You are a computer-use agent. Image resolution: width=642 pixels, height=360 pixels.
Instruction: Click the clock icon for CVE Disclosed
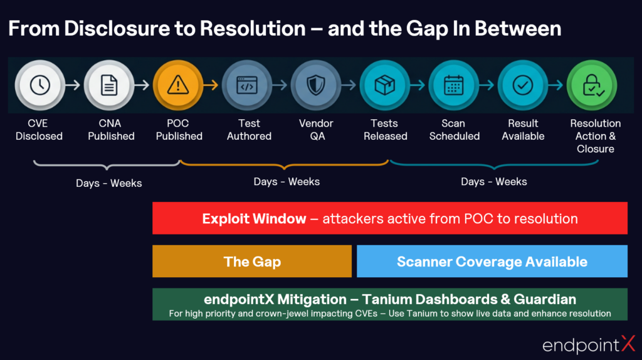click(x=40, y=85)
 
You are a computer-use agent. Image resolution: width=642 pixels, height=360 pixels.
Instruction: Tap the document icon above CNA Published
click(x=110, y=85)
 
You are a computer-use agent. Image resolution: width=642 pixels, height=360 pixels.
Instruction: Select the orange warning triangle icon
click(x=178, y=85)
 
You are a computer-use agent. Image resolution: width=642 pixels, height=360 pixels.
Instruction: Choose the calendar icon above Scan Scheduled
click(x=453, y=85)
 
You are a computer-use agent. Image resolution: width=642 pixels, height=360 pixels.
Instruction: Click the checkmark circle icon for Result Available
click(x=522, y=85)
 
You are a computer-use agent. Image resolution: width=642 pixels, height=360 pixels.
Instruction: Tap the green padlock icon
click(x=592, y=85)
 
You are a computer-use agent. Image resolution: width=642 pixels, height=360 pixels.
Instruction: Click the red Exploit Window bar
click(x=389, y=218)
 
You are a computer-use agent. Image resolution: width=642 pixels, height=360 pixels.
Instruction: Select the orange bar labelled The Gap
click(x=252, y=261)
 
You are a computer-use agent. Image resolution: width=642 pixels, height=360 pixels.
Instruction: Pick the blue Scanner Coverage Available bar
click(x=492, y=261)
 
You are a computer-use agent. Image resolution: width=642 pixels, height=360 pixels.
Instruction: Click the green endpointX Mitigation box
click(x=389, y=304)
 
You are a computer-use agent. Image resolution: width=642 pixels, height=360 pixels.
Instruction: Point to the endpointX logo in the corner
click(x=588, y=344)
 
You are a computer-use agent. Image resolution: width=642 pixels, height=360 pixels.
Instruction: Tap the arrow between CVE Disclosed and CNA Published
click(x=75, y=85)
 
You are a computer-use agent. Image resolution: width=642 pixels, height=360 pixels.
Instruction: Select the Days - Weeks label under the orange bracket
click(x=287, y=182)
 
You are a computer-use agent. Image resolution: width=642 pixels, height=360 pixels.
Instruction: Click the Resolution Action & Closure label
click(x=595, y=136)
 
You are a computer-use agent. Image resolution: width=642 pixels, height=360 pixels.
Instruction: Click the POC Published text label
click(x=179, y=130)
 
